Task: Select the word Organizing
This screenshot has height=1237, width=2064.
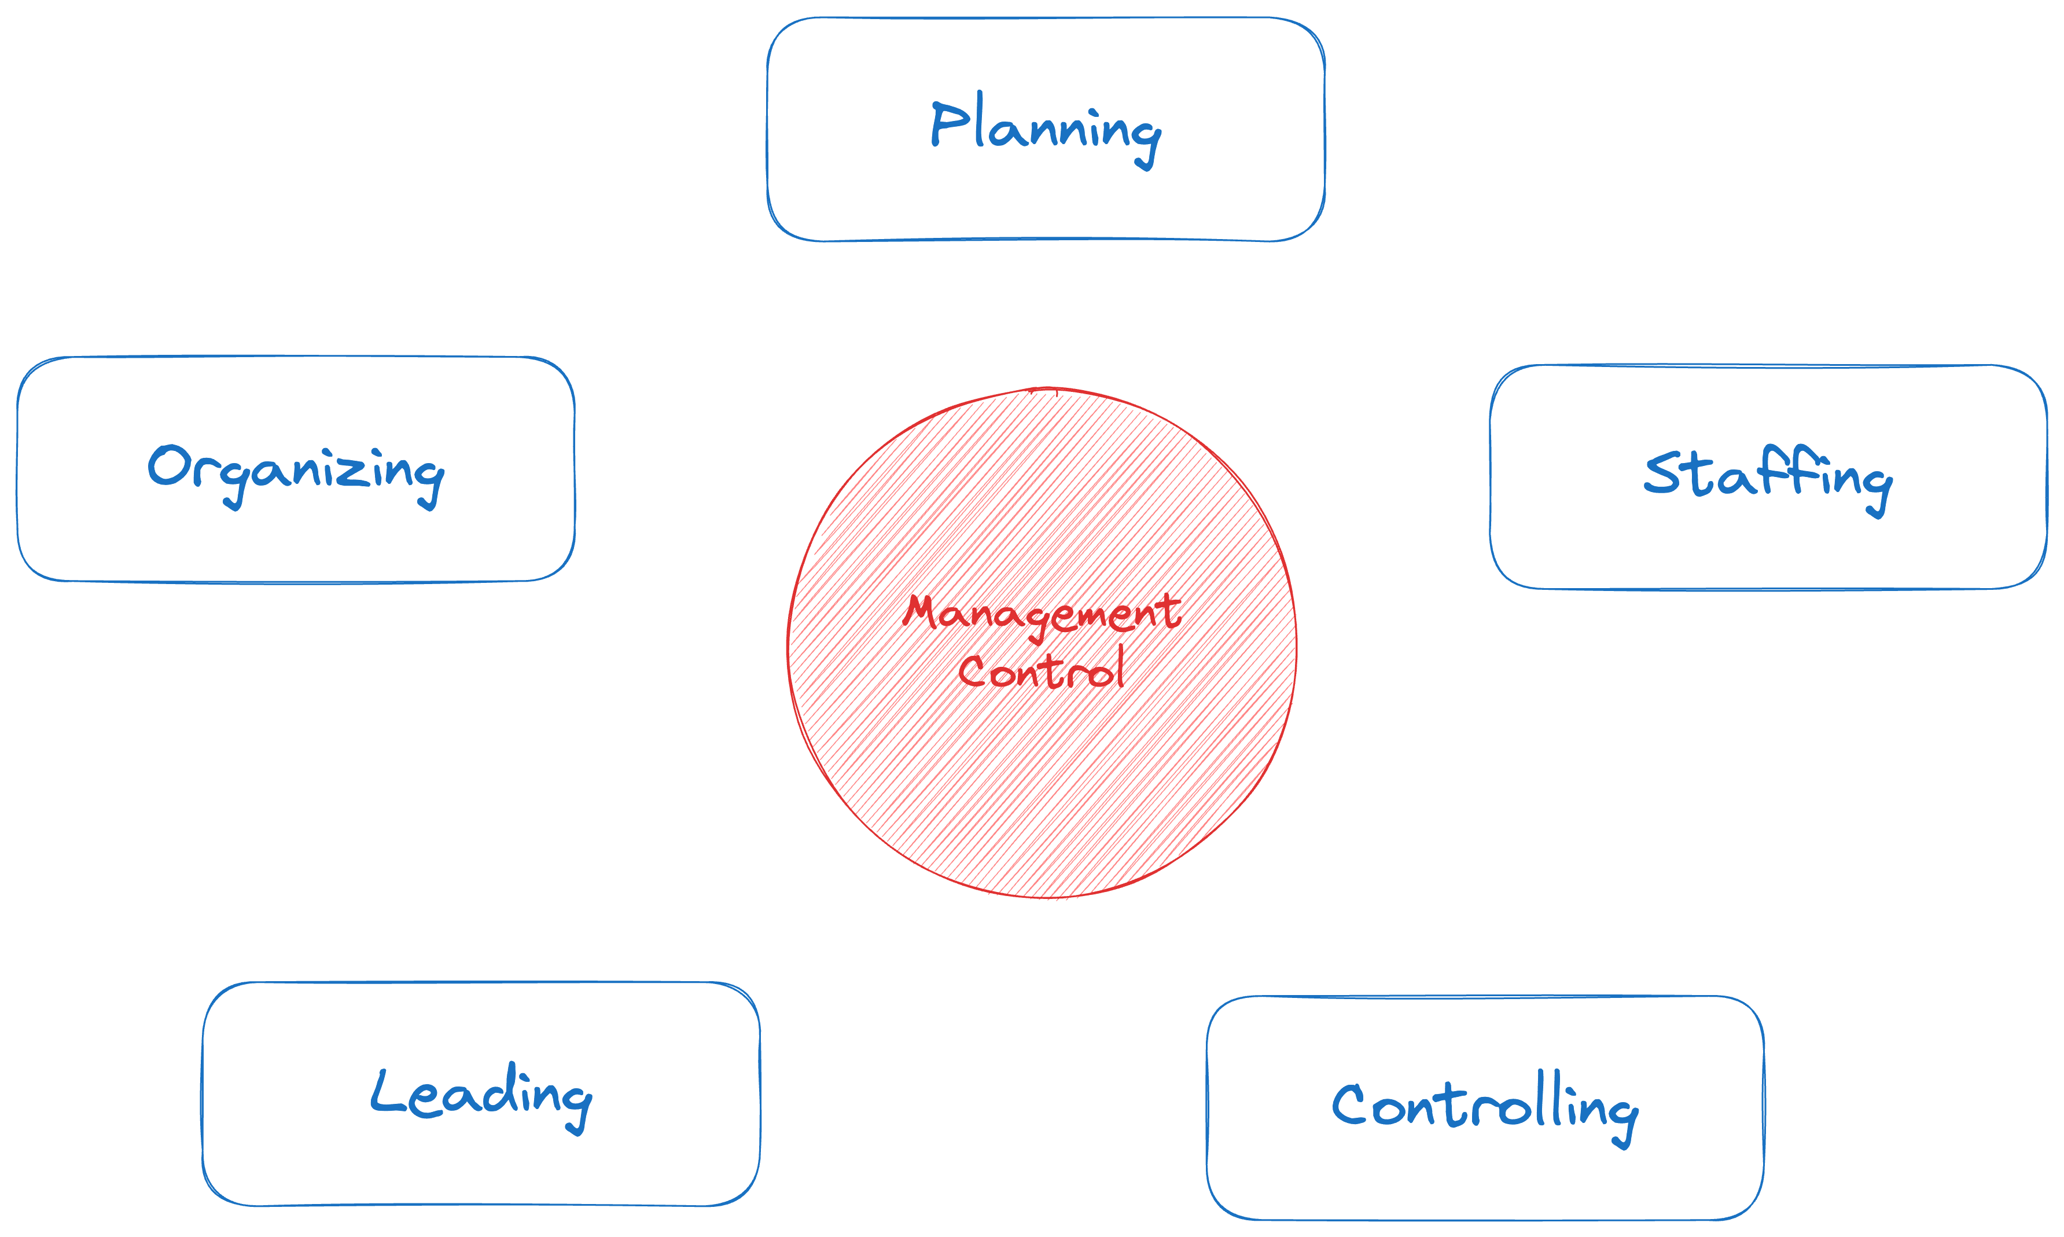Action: [x=296, y=472]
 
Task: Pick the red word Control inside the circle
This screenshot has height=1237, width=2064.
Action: [x=1042, y=671]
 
